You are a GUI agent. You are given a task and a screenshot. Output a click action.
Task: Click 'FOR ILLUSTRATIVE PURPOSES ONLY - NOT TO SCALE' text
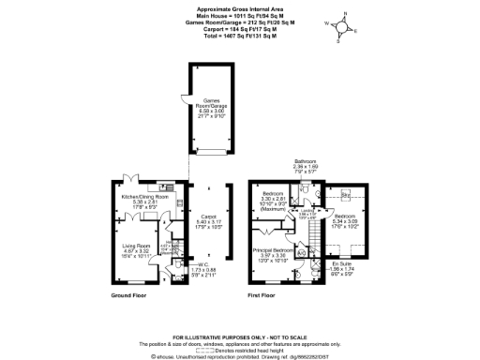coord(239,336)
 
